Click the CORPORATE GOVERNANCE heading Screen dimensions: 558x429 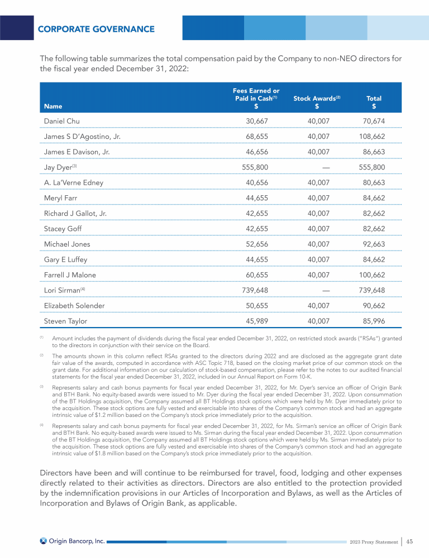click(x=96, y=29)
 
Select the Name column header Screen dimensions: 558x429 click(x=53, y=106)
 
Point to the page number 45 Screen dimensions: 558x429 click(x=409, y=541)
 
